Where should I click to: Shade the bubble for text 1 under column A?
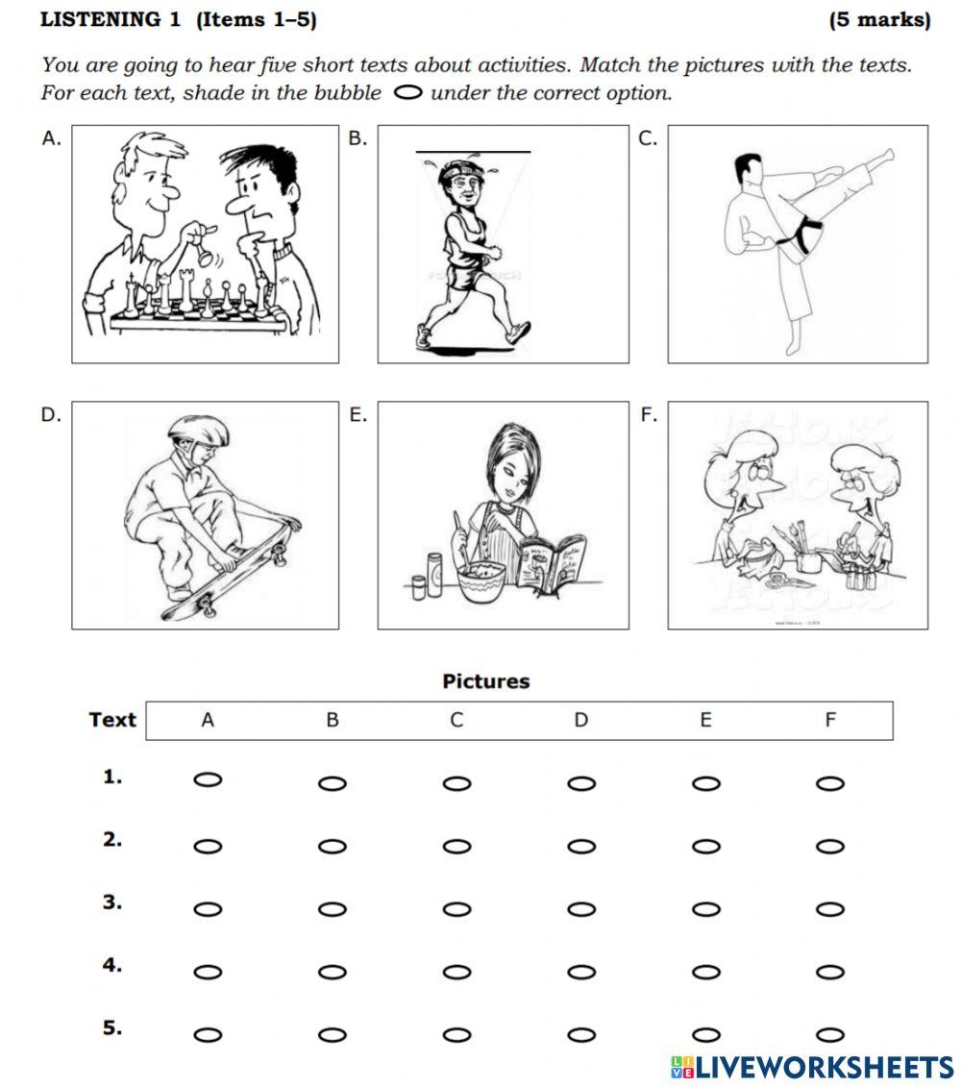[208, 780]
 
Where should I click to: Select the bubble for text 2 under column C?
[456, 847]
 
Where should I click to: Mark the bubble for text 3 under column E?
[705, 909]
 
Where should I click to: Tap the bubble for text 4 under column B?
[332, 972]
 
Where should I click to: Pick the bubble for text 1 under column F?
[829, 783]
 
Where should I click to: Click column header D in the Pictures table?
[580, 720]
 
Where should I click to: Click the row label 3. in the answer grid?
[112, 902]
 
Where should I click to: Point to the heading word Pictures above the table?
[485, 681]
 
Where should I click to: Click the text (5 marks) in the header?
[879, 20]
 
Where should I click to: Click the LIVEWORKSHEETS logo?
[812, 1067]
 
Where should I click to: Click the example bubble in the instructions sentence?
[407, 93]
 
